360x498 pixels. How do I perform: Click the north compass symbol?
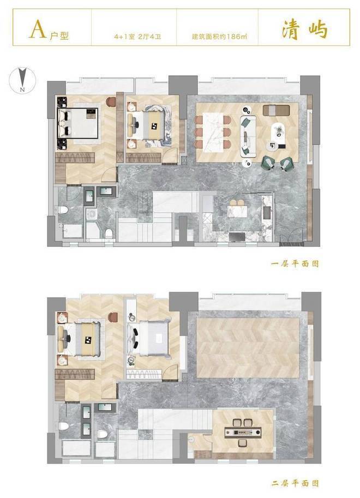pyautogui.click(x=22, y=80)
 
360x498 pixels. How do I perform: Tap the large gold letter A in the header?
pyautogui.click(x=38, y=30)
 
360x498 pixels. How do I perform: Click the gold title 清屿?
pyautogui.click(x=304, y=30)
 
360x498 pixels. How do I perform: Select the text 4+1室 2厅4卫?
pyautogui.click(x=137, y=37)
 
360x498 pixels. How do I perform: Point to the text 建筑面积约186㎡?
pyautogui.click(x=219, y=37)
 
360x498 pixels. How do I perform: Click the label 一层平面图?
pyautogui.click(x=295, y=263)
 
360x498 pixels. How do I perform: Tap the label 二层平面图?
pyautogui.click(x=295, y=483)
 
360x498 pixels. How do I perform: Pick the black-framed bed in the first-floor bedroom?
pyautogui.click(x=77, y=123)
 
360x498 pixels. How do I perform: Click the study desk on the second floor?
pyautogui.click(x=243, y=432)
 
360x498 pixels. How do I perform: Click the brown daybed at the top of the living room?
pyautogui.click(x=276, y=110)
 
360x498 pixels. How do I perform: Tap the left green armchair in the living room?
pyautogui.click(x=267, y=163)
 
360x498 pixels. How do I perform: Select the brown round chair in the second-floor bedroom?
pyautogui.click(x=113, y=317)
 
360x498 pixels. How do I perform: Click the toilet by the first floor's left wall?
pyautogui.click(x=64, y=210)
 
